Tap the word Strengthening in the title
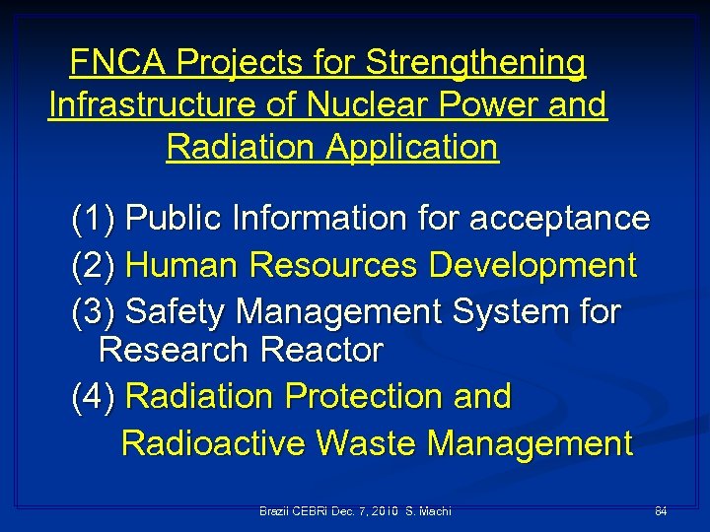[x=476, y=63]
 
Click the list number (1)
[x=95, y=218]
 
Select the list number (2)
[x=95, y=265]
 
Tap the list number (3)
[x=95, y=312]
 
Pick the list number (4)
[x=95, y=397]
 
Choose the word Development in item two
[x=532, y=265]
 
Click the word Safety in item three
[x=177, y=312]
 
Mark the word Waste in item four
[x=368, y=444]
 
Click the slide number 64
[x=661, y=511]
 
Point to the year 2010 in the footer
[x=383, y=511]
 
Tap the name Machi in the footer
[x=435, y=511]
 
